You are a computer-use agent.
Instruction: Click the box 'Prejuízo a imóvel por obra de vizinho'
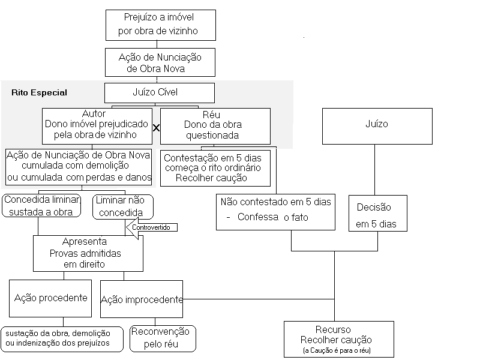[x=161, y=25]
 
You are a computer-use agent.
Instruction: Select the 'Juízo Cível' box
[x=160, y=93]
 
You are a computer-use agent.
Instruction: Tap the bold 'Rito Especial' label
[x=39, y=92]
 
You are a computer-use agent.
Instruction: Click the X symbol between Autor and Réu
[x=156, y=128]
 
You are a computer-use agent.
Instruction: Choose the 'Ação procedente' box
[x=50, y=298]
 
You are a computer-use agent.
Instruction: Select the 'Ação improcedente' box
[x=142, y=299]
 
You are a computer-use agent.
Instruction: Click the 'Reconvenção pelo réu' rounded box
[x=163, y=338]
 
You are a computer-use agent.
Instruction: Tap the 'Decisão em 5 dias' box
[x=378, y=213]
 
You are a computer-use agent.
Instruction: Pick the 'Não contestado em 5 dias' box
[x=275, y=212]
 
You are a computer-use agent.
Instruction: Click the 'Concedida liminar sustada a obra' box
[x=41, y=206]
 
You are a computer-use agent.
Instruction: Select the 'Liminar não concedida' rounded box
[x=123, y=207]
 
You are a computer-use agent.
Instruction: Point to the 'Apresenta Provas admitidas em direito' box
[x=88, y=253]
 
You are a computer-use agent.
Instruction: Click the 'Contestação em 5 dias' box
[x=215, y=168]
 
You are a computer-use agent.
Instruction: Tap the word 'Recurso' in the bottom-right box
[x=333, y=329]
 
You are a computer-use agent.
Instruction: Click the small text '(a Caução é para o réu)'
[x=337, y=350]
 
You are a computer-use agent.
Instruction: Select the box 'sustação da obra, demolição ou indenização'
[x=62, y=339]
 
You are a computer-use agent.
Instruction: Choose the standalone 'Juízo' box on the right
[x=377, y=126]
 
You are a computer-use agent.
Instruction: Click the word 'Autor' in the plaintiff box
[x=94, y=113]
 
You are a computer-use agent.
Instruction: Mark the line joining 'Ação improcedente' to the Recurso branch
[x=259, y=299]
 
